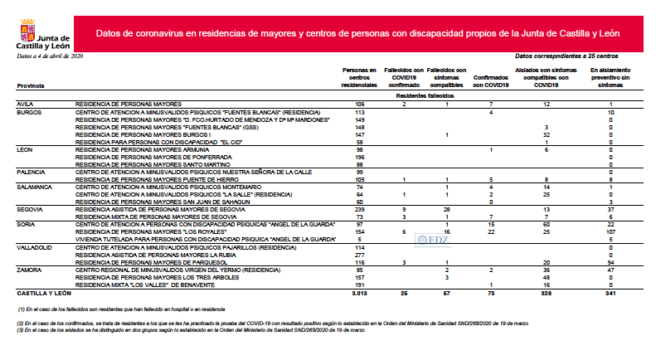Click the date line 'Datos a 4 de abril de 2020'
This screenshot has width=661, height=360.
click(x=50, y=55)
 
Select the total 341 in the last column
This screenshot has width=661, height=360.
click(x=610, y=293)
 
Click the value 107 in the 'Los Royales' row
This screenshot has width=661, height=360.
click(x=610, y=232)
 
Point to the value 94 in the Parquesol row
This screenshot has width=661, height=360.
click(x=610, y=262)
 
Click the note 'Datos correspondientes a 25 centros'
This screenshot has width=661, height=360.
click(x=566, y=55)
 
